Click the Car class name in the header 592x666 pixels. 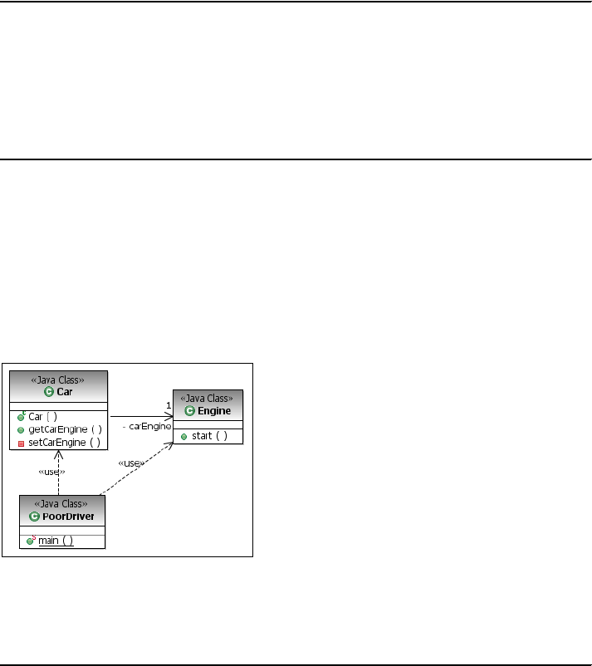65,391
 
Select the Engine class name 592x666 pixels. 214,410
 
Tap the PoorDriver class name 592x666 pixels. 67,516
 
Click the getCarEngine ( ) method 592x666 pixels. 65,429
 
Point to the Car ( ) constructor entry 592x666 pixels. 42,417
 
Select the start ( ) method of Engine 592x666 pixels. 209,436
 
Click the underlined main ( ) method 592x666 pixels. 56,541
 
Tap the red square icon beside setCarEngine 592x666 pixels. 21,443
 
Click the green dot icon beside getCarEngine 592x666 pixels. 21,430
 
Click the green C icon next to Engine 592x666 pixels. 190,410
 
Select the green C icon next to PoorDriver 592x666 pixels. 34,516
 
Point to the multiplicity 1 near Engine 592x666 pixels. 168,404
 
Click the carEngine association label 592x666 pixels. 146,426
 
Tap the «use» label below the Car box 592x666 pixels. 51,471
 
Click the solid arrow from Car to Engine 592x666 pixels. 141,416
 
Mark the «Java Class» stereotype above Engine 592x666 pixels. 208,399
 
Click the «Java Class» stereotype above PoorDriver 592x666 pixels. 62,504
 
